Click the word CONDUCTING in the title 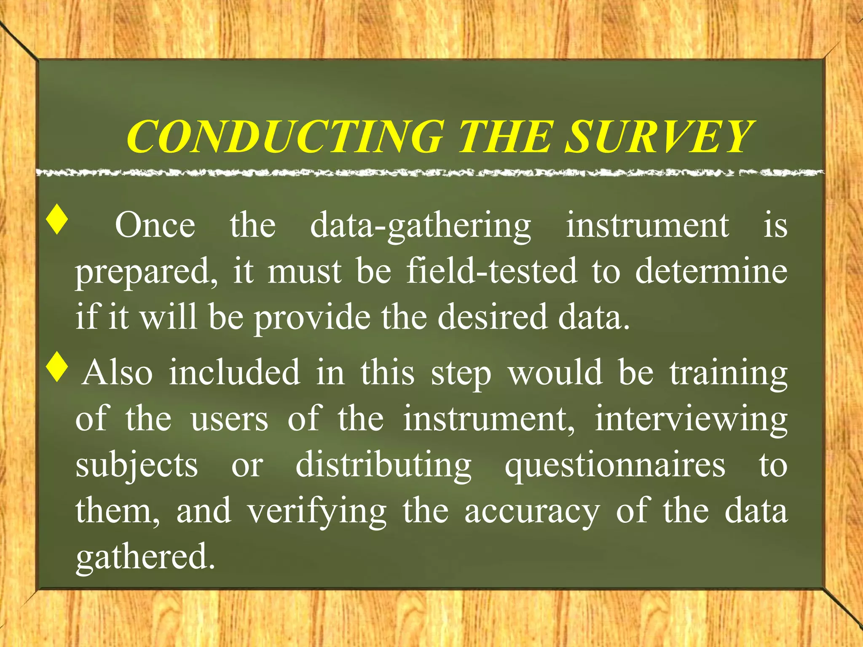point(286,136)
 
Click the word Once point(155,226)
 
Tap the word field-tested point(491,272)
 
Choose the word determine point(711,272)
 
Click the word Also point(118,373)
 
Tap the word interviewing point(691,420)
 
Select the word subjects point(137,466)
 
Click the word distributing point(383,466)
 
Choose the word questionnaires point(615,466)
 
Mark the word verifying point(317,512)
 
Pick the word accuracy point(532,512)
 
